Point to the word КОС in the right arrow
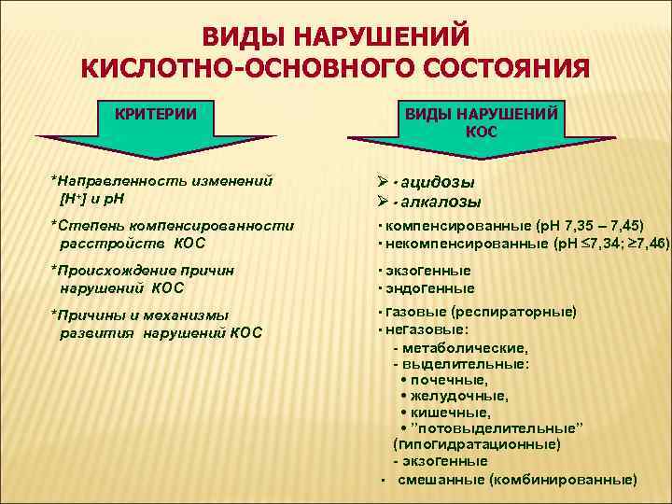click(x=481, y=132)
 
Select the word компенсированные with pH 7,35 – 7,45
click(x=439, y=226)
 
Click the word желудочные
click(x=454, y=396)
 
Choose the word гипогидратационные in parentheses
click(x=477, y=444)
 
